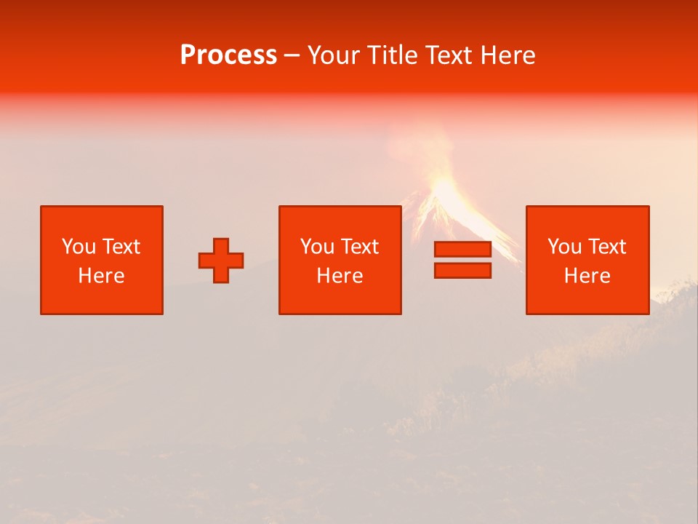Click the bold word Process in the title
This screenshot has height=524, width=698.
[228, 55]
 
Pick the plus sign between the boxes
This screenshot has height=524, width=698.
[221, 261]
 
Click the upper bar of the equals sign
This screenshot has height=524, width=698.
[462, 250]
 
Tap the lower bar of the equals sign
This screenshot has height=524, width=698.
[462, 270]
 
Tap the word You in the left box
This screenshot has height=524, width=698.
[78, 247]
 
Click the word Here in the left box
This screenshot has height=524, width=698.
[102, 276]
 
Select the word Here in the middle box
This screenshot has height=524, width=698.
[340, 276]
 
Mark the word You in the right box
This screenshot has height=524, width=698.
[563, 247]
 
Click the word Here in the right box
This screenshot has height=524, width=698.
[587, 276]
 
